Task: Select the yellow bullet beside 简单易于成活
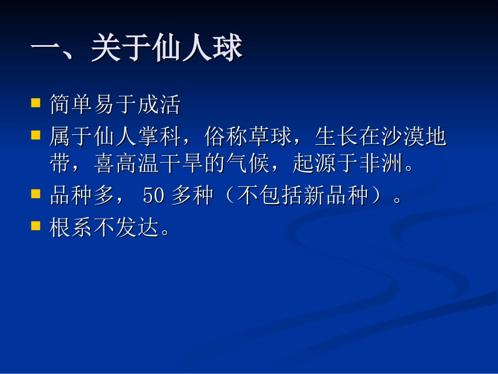point(36,102)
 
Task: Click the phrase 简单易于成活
point(115,105)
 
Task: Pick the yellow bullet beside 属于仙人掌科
point(36,135)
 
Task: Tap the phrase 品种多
point(82,196)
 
